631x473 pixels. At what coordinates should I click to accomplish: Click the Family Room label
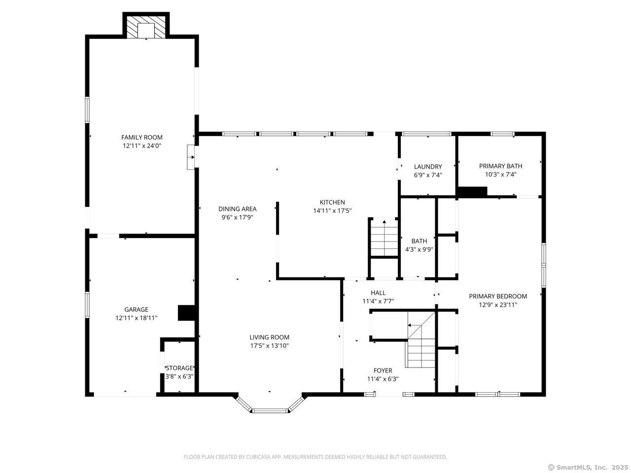pyautogui.click(x=141, y=137)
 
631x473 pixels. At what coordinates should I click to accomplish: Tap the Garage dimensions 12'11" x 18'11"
pyautogui.click(x=136, y=318)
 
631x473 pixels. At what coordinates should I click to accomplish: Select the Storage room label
pyautogui.click(x=179, y=368)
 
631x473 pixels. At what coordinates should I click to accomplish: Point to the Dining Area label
pyautogui.click(x=237, y=209)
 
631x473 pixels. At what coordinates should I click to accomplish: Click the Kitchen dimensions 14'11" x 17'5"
pyautogui.click(x=332, y=211)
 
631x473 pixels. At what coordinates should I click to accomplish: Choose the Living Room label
pyautogui.click(x=269, y=337)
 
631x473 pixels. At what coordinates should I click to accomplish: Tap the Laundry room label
pyautogui.click(x=428, y=167)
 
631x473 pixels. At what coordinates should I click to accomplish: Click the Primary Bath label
pyautogui.click(x=500, y=166)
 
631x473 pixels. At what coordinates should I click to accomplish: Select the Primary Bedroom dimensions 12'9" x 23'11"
pyautogui.click(x=498, y=304)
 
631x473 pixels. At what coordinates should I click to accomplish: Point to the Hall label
pyautogui.click(x=378, y=293)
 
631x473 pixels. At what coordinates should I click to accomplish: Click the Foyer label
pyautogui.click(x=383, y=371)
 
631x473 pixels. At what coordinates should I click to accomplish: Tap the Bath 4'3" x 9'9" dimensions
pyautogui.click(x=419, y=250)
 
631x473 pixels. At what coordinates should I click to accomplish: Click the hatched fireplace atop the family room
pyautogui.click(x=146, y=27)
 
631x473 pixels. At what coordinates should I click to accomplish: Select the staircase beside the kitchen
pyautogui.click(x=384, y=237)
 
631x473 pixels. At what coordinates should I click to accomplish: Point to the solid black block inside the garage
pyautogui.click(x=187, y=313)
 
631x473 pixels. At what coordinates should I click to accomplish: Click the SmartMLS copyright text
pyautogui.click(x=588, y=468)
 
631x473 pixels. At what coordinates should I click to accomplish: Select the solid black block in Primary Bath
pyautogui.click(x=472, y=192)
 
